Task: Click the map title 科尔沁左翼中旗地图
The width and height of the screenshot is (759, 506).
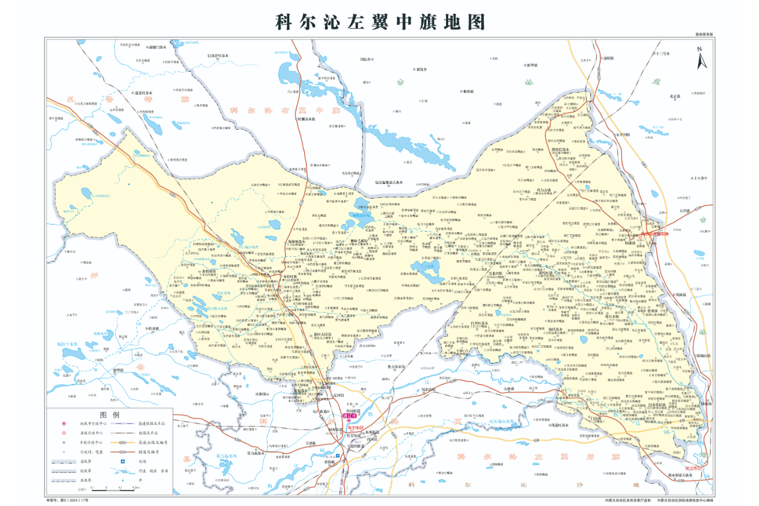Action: click(380, 22)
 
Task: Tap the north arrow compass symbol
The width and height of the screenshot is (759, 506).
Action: click(701, 58)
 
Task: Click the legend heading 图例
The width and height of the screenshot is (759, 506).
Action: click(109, 415)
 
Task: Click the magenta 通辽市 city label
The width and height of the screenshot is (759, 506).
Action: click(349, 416)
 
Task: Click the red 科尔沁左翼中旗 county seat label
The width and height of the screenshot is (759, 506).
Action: click(655, 234)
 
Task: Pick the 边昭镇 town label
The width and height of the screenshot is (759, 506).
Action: click(608, 58)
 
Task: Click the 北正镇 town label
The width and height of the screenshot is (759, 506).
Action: click(675, 96)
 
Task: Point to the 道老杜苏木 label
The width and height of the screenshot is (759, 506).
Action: click(144, 93)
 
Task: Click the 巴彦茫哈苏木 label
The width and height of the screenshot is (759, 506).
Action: click(218, 56)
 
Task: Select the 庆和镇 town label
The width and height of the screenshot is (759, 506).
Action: click(261, 394)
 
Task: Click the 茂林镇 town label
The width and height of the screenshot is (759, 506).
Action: click(680, 295)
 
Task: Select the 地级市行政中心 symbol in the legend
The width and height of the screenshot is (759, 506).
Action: click(64, 423)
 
